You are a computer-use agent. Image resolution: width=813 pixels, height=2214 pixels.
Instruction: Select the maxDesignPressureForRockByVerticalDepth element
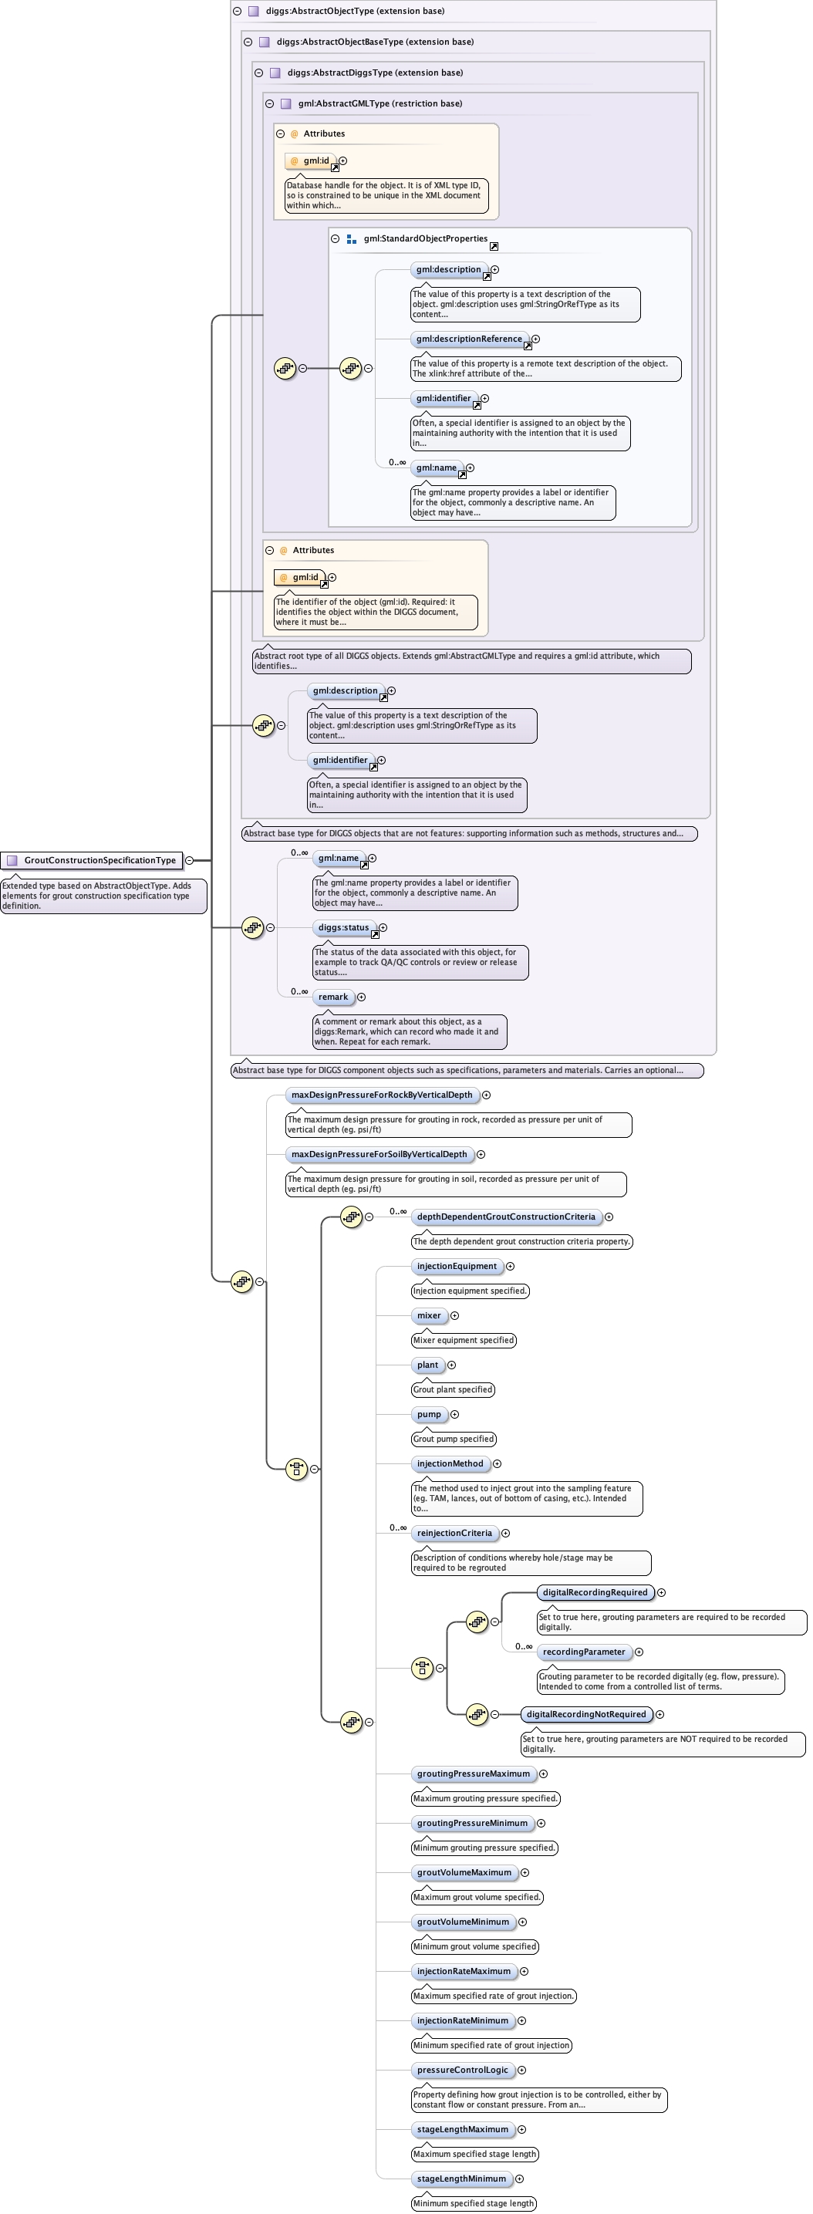[382, 1095]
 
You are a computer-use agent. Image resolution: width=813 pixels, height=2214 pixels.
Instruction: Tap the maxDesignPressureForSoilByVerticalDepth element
[379, 1154]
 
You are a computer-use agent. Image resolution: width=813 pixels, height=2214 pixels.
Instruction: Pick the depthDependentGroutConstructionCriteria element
[506, 1217]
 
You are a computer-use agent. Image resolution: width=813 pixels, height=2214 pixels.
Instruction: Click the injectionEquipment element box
[457, 1266]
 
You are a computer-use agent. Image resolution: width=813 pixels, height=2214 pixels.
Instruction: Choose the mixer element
[429, 1316]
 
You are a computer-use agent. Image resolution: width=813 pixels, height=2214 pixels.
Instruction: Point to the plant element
[427, 1365]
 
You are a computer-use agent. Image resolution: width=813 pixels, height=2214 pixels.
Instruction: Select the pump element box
[429, 1415]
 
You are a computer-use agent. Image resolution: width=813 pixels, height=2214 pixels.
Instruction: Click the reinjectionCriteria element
[454, 1534]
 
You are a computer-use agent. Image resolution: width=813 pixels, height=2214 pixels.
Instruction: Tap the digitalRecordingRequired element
[595, 1592]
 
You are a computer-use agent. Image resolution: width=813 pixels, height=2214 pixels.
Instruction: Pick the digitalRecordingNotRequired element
[586, 1715]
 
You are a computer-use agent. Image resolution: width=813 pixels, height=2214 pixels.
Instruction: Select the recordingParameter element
[584, 1652]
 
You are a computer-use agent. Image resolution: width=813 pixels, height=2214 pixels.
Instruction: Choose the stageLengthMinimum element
[461, 2179]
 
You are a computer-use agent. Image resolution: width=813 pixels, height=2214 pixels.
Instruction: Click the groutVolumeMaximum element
[464, 1873]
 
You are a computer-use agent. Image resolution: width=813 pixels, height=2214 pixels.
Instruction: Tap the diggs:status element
[344, 928]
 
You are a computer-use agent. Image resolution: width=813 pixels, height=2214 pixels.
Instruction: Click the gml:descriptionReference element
[469, 339]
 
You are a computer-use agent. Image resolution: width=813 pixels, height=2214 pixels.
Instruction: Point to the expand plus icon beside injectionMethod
[497, 1463]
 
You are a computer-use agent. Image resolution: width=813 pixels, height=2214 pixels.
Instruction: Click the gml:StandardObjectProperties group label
[426, 239]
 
